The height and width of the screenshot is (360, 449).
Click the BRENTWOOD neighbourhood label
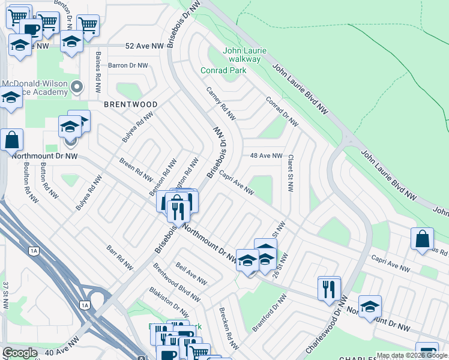(x=131, y=104)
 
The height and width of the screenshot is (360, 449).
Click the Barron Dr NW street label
(x=128, y=65)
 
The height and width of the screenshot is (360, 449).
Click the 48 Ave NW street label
(x=266, y=155)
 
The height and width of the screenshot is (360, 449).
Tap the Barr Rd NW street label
(x=120, y=256)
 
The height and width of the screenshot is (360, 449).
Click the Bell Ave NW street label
(x=191, y=273)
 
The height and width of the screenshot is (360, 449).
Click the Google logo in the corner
(x=20, y=353)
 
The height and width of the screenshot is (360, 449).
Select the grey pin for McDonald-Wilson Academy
(x=77, y=88)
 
